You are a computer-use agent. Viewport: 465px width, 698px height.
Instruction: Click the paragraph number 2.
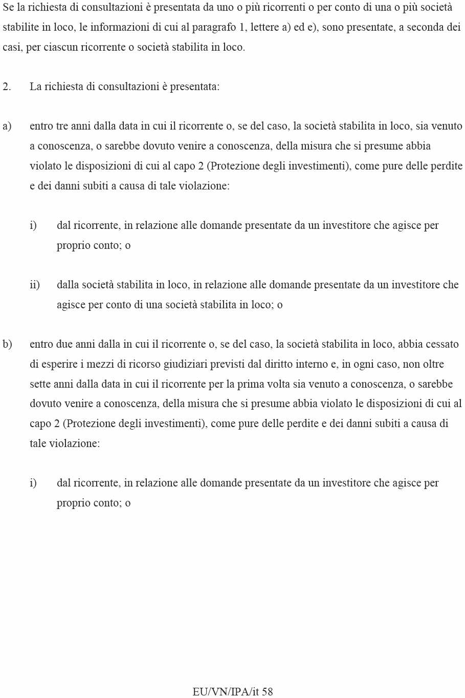(7, 87)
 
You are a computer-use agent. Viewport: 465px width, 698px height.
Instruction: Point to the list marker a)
(7, 126)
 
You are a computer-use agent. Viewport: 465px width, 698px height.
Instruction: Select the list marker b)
(7, 344)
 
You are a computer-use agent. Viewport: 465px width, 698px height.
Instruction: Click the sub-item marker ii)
(35, 285)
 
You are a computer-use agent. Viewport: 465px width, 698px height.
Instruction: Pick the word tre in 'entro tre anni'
(62, 126)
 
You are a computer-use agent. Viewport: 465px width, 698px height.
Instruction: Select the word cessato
(439, 344)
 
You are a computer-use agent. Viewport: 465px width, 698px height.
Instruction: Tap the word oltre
(433, 364)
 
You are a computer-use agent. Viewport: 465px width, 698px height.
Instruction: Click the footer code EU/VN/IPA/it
(226, 692)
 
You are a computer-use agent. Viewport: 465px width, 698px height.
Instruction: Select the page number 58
(267, 692)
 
